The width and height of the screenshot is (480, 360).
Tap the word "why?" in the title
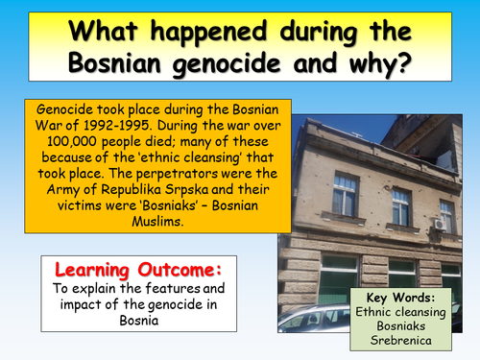tap(383, 65)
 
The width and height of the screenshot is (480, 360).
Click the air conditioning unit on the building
tap(440, 224)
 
